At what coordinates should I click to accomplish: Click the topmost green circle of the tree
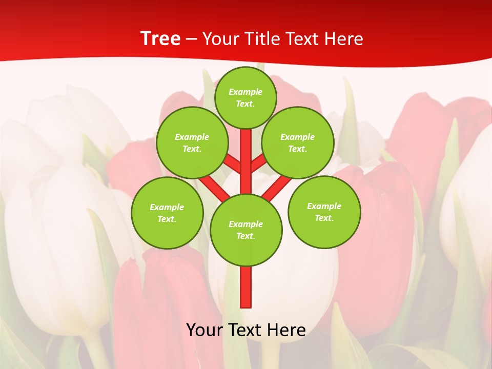245,97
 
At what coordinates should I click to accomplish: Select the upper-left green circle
192,142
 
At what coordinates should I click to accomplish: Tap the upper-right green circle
298,142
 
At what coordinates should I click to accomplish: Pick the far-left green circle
167,213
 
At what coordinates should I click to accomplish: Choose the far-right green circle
324,212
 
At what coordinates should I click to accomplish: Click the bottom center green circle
246,230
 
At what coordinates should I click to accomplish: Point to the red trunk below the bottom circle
246,287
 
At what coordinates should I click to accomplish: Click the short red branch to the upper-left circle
234,165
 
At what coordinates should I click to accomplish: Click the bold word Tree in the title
160,38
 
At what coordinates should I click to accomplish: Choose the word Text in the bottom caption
245,330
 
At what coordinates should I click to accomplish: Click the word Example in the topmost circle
245,92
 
